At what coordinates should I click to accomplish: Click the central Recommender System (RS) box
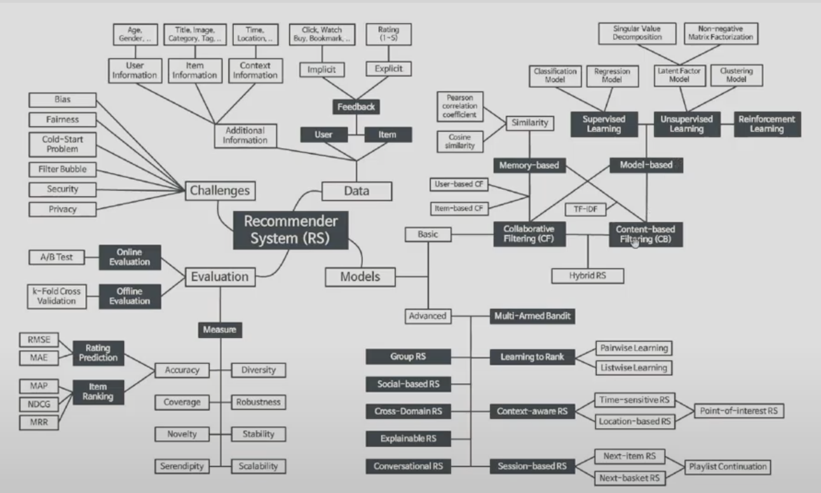coord(291,230)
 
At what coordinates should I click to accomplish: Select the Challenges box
coord(221,190)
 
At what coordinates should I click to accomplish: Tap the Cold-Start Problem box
coord(62,144)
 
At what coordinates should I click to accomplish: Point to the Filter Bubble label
coord(62,170)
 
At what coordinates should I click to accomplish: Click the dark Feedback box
coord(356,107)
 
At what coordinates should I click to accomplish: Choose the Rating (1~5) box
coord(388,34)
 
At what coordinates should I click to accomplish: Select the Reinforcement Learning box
coord(767,124)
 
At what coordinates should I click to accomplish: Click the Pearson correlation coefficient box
coord(461,107)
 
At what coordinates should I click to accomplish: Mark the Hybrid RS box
coord(587,276)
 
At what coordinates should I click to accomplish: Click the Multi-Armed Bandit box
coord(533,316)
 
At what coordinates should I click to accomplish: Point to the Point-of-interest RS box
coord(738,410)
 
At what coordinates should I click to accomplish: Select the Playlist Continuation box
coord(728,467)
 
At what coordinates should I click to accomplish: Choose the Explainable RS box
coord(408,438)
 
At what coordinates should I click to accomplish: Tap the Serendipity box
coord(182,466)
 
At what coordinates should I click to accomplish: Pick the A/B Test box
coord(57,257)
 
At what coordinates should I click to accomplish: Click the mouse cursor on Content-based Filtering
coord(634,242)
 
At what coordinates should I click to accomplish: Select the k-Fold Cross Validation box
coord(57,296)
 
